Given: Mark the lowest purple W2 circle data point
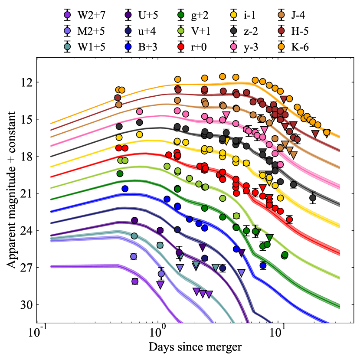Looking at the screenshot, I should point(134,281).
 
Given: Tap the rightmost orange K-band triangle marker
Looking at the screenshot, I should point(327,133).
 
